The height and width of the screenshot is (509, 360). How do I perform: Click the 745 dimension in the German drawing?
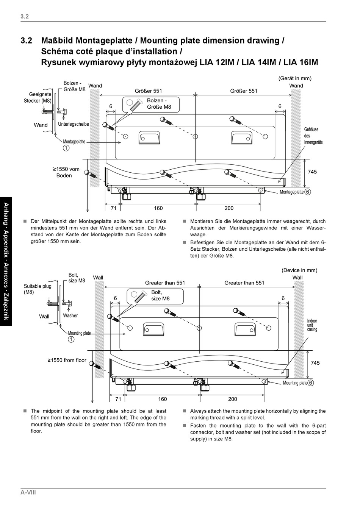click(312, 172)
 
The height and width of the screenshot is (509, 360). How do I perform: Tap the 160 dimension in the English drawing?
click(162, 399)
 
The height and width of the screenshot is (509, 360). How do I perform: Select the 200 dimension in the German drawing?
click(229, 208)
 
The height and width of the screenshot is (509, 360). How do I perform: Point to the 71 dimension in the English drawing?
click(118, 399)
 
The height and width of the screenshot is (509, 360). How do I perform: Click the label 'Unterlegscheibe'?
click(74, 124)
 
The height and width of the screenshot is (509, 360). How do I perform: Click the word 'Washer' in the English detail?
click(70, 315)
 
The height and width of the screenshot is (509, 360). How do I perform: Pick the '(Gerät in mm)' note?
click(295, 78)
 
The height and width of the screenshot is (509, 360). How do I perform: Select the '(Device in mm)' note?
click(299, 270)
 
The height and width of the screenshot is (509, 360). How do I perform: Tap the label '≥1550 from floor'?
click(67, 360)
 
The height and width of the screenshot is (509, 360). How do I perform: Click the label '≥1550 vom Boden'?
click(66, 172)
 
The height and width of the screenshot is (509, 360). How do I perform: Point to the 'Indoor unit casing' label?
click(312, 325)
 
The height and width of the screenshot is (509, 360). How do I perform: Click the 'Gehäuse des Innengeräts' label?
click(313, 136)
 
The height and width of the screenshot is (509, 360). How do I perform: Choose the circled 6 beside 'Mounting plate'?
click(310, 383)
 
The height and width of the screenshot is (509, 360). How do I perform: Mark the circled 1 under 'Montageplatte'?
click(66, 148)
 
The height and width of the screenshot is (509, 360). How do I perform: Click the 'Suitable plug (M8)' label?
click(38, 289)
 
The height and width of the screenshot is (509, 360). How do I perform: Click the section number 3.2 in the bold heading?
click(27, 41)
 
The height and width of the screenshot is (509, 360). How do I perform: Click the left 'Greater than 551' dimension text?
click(165, 283)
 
